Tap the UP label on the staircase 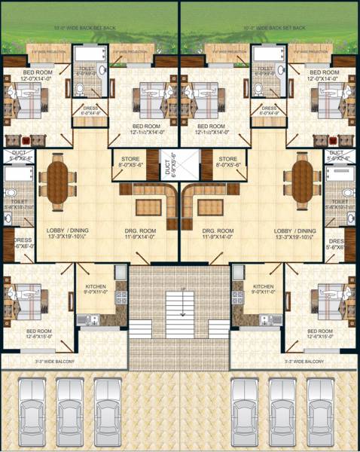pyautogui.click(x=180, y=289)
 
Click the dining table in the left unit pyautogui.click(x=57, y=183)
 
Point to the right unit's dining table pyautogui.click(x=301, y=183)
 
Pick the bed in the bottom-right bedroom pyautogui.click(x=334, y=296)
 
